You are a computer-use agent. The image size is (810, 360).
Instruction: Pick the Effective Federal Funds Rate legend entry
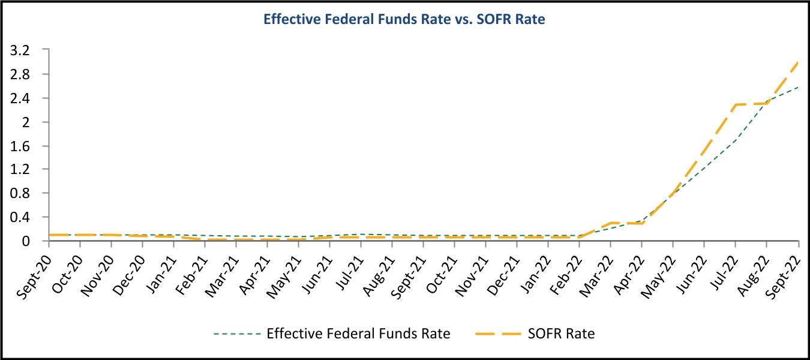[x=358, y=334]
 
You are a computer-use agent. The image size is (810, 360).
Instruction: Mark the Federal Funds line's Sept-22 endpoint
[x=798, y=88]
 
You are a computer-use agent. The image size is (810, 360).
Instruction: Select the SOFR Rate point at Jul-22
[x=736, y=104]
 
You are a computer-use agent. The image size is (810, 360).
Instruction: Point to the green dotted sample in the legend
[x=236, y=334]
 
